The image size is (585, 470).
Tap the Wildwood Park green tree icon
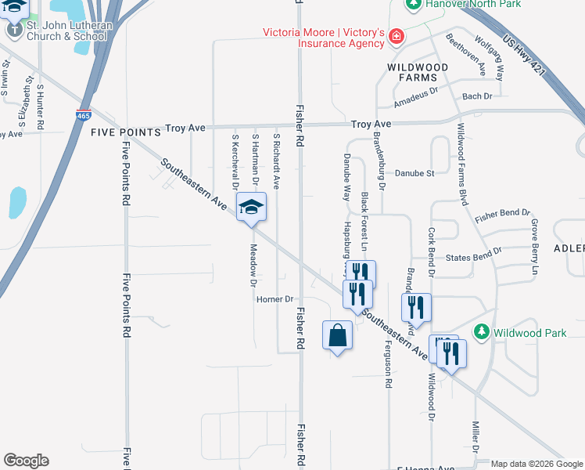482,333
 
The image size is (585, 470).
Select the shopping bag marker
337,335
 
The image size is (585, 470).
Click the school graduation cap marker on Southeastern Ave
252,208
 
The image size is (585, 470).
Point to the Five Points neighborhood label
125,132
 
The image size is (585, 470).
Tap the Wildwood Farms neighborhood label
418,72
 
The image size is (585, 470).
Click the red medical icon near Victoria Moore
397,36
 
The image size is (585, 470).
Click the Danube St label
415,173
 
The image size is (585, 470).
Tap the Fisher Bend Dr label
502,213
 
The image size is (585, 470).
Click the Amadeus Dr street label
415,97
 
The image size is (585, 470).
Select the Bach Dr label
477,96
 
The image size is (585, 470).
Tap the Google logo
26,461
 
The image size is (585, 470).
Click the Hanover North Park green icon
414,5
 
